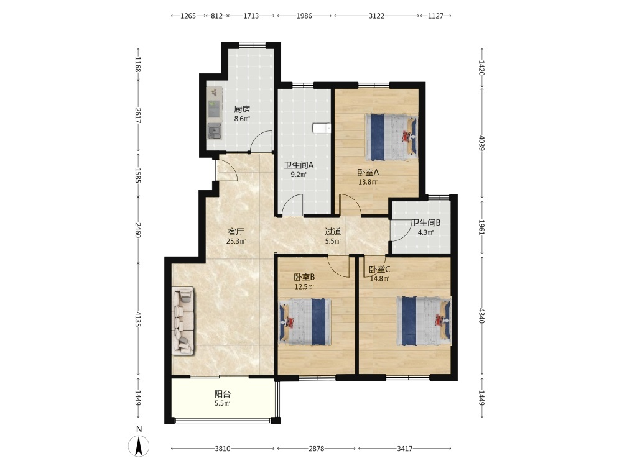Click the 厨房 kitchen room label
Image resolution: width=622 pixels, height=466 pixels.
point(242,109)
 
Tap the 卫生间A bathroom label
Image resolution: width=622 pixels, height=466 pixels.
point(299,165)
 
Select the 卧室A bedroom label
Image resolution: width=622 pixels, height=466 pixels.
point(368,172)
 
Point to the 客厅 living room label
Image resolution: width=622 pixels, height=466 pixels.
point(236,231)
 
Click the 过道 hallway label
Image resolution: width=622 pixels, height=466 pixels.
point(333,231)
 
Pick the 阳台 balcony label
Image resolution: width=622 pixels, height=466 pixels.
point(223,394)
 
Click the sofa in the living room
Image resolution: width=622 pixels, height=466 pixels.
point(183,321)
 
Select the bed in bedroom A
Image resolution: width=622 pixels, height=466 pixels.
point(391,137)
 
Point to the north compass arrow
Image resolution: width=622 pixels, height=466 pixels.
point(139,446)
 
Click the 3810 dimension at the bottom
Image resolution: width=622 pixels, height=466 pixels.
point(223,449)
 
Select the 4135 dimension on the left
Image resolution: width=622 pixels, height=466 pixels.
point(138,319)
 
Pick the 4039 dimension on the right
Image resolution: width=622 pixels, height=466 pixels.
point(481,143)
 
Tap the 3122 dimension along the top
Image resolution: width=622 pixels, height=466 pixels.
point(376,16)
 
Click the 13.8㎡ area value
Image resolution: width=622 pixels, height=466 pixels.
point(368,182)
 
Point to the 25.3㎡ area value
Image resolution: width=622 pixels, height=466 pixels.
point(236,241)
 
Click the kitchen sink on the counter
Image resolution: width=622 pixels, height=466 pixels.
point(214,130)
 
